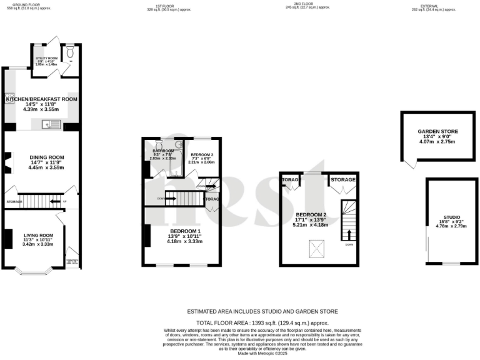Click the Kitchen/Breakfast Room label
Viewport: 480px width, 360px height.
pyautogui.click(x=42, y=99)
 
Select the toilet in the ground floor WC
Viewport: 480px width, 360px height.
pyautogui.click(x=70, y=52)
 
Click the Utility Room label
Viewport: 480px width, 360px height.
pyautogui.click(x=46, y=58)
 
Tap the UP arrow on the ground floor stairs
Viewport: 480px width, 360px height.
pyautogui.click(x=64, y=202)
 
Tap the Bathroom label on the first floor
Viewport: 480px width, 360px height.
pyautogui.click(x=162, y=151)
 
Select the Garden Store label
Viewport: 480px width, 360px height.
pyautogui.click(x=438, y=132)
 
